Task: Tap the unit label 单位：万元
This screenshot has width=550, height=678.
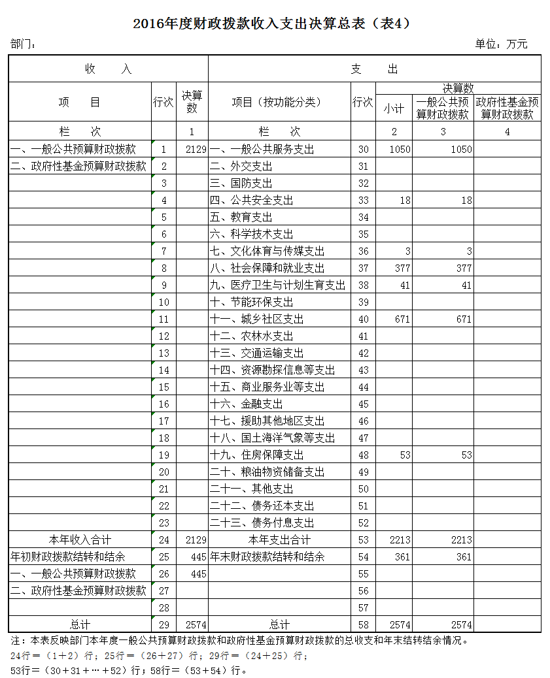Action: [x=500, y=44]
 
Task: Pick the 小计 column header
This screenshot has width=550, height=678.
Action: [x=394, y=108]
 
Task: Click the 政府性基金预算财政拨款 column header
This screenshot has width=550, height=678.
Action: [x=507, y=108]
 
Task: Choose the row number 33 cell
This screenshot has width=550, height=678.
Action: [x=363, y=200]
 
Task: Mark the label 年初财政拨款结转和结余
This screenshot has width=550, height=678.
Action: [x=67, y=557]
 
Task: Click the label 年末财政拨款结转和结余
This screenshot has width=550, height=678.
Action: [x=267, y=557]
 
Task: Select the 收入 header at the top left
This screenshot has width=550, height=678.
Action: [x=108, y=69]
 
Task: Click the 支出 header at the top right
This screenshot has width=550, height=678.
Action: [x=374, y=69]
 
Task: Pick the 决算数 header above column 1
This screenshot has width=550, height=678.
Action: [x=192, y=101]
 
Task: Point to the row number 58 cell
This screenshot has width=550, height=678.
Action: [x=363, y=624]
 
